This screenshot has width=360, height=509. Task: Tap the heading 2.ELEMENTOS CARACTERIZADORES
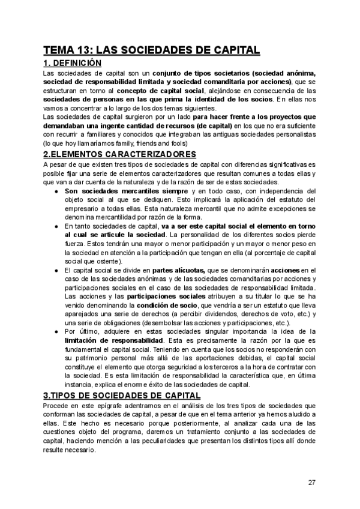(120, 154)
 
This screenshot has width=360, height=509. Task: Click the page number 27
(311, 482)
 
